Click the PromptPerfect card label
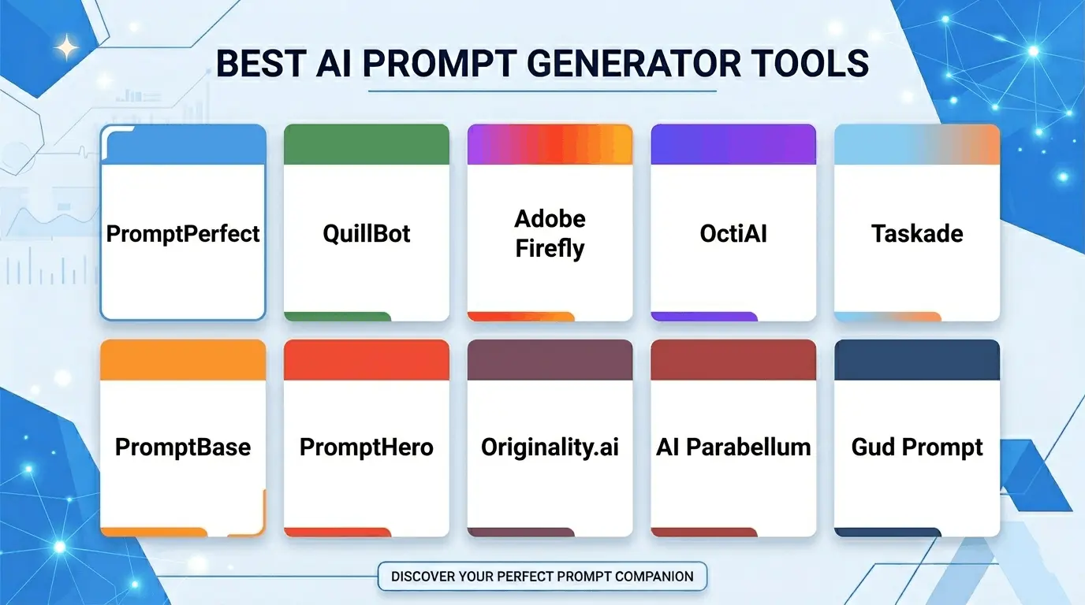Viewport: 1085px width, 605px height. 183,234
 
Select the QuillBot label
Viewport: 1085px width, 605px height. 367,234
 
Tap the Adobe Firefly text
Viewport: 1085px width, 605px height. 550,234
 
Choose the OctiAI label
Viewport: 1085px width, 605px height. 733,234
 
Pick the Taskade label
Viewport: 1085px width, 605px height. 917,234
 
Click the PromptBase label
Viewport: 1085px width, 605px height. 183,447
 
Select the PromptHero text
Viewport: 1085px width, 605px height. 367,447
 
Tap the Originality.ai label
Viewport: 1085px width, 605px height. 550,447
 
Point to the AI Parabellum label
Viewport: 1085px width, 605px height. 733,447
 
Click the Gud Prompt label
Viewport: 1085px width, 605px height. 917,447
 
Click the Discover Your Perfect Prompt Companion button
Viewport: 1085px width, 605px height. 542,576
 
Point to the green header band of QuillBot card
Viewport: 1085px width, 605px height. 367,144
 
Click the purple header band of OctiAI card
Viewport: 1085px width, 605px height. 733,144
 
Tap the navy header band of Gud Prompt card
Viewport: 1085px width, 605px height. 917,359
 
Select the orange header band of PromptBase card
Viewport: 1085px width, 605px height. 183,359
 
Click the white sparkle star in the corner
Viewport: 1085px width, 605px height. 68,49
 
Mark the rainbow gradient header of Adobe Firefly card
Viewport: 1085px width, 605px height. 550,144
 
